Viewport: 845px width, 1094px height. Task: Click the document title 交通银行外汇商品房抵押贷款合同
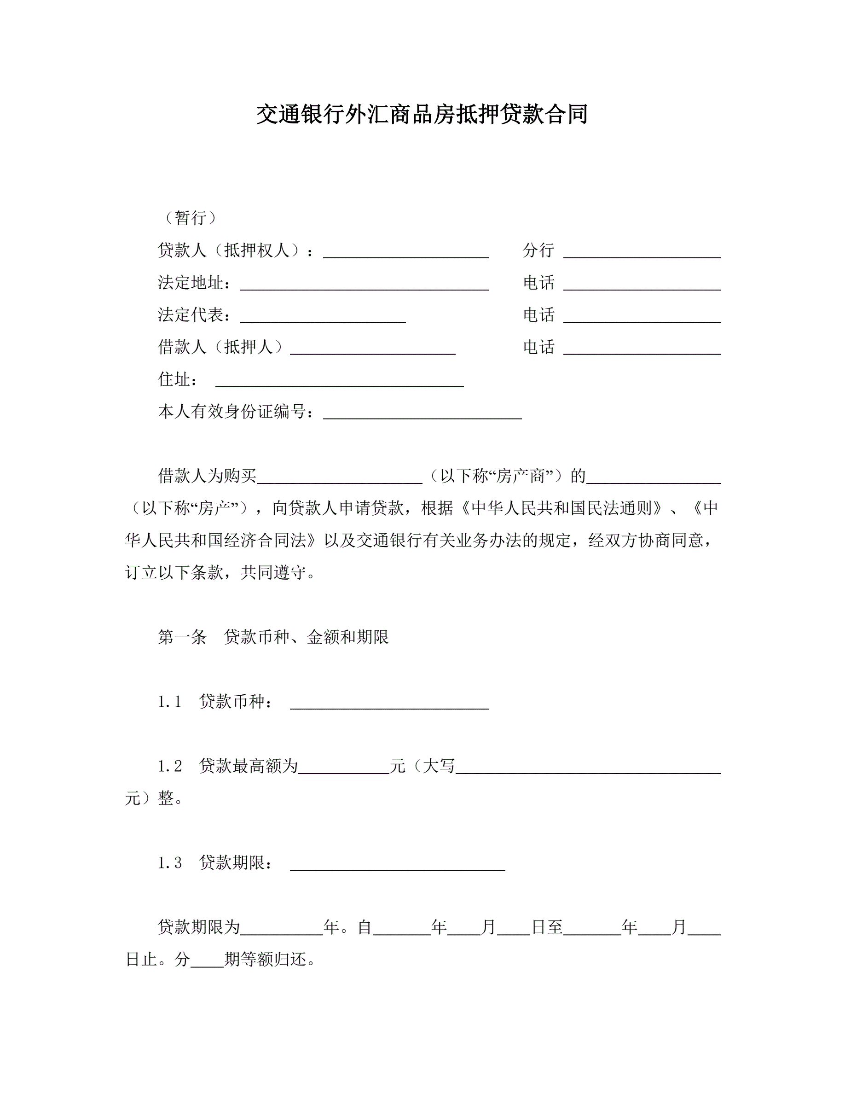(x=422, y=114)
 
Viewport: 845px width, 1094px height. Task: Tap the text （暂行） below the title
(x=191, y=217)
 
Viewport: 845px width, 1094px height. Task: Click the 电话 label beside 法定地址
(x=538, y=283)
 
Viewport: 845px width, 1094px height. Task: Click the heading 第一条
(x=182, y=637)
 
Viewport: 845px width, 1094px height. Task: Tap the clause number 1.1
(x=170, y=702)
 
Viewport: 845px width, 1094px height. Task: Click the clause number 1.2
(x=170, y=766)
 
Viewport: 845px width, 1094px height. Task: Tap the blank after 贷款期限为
(x=281, y=930)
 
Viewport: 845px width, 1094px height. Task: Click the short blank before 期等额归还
(x=207, y=962)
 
